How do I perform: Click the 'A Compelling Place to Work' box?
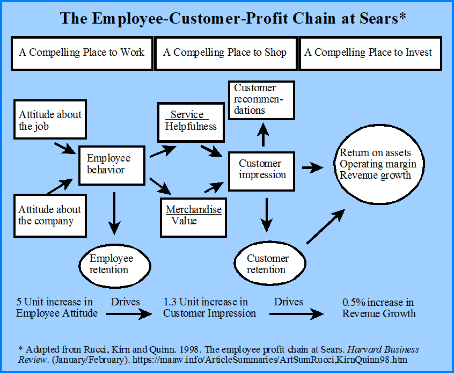[82, 53]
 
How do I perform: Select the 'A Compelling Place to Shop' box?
[225, 53]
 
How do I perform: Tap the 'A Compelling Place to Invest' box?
[370, 53]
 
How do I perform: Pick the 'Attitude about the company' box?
[50, 215]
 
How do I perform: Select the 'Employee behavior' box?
[112, 164]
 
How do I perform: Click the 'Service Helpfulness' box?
[191, 121]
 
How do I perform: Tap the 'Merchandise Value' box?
[193, 215]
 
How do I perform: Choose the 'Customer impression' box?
[262, 169]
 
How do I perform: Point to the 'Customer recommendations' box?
[262, 100]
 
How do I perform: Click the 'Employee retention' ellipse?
[115, 264]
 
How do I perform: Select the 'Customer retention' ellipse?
[270, 264]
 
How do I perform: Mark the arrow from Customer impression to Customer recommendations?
[262, 134]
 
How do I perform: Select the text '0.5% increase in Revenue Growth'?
[378, 308]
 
